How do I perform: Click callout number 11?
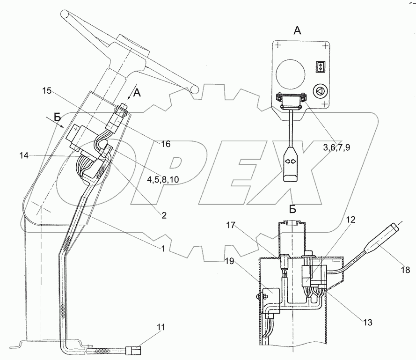(161, 328)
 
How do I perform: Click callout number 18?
(406, 270)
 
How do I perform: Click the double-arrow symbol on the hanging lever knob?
(289, 161)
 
